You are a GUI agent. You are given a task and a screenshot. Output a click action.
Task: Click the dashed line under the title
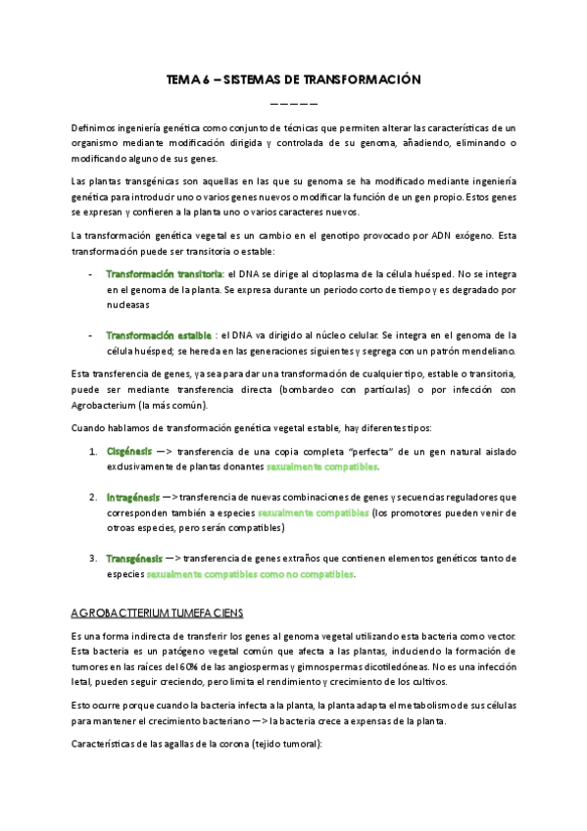point(293,103)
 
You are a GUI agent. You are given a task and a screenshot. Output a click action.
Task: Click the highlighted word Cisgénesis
point(129,451)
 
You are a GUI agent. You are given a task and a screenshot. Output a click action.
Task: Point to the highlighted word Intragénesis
point(133,497)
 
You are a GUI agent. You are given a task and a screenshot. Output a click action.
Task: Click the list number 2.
point(92,497)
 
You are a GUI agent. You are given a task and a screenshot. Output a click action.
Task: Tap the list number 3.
point(92,559)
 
